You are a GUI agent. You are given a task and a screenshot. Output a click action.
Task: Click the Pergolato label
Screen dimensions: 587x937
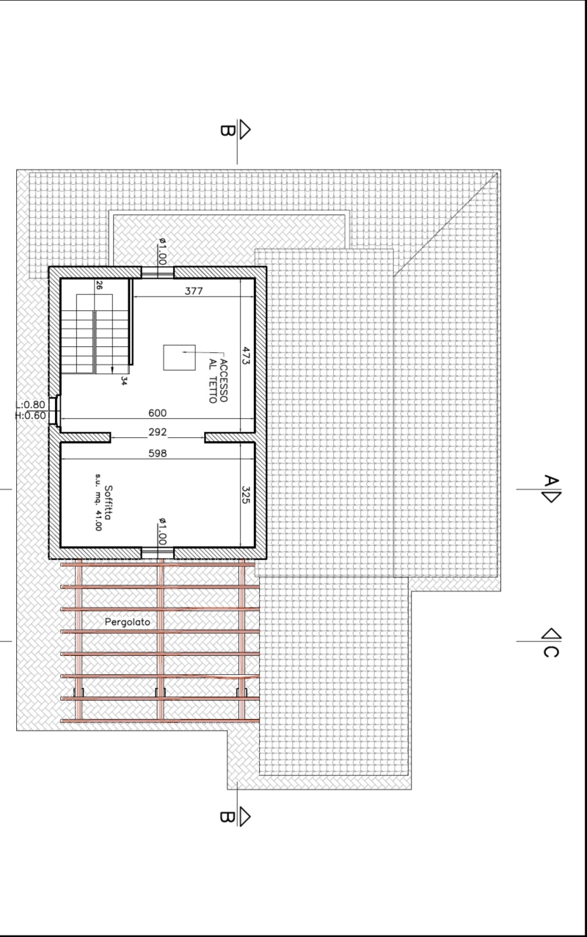click(127, 622)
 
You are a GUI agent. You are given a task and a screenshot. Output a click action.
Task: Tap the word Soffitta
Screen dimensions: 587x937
click(109, 502)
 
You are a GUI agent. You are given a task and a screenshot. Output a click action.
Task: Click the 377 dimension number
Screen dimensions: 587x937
click(194, 291)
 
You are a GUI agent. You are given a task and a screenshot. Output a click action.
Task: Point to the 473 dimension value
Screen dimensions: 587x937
click(246, 355)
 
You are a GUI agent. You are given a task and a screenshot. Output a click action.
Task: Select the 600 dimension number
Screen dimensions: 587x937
click(157, 413)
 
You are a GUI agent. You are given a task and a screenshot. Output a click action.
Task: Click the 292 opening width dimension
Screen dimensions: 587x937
click(157, 431)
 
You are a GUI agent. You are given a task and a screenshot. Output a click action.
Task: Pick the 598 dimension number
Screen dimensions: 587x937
click(157, 453)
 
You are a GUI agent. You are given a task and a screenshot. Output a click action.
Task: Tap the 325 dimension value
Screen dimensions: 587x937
click(246, 495)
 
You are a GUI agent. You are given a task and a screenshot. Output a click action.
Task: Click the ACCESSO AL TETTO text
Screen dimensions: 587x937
click(218, 381)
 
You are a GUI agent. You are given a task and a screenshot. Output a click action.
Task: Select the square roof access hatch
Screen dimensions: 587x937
click(179, 357)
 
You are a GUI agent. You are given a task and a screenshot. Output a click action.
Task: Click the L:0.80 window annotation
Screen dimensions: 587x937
click(30, 404)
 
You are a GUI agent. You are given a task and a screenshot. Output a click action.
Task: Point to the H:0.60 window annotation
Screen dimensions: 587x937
click(30, 415)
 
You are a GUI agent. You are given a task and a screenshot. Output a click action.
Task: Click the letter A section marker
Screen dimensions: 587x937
click(550, 481)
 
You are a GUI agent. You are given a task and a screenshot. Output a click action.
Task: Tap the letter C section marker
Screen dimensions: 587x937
click(550, 652)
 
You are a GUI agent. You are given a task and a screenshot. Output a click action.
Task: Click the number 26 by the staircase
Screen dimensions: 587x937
click(99, 285)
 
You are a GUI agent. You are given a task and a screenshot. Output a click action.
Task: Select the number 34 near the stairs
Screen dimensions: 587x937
click(123, 381)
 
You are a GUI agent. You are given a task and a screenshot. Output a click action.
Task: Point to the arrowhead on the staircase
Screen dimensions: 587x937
click(112, 370)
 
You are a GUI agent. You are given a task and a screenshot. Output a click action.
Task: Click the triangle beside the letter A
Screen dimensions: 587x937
click(552, 497)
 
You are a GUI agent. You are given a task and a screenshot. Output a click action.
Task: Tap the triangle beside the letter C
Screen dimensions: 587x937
click(552, 634)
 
